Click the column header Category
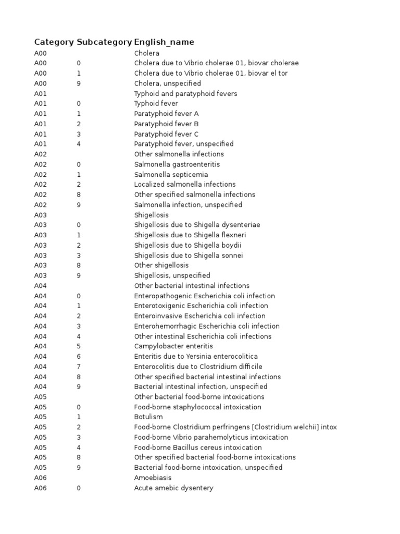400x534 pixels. tap(54, 42)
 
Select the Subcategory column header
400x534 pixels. tap(104, 42)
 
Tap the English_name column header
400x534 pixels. tap(164, 42)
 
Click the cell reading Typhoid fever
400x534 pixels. tap(156, 103)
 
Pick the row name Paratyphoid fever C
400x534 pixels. tap(166, 134)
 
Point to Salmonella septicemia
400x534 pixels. tap(171, 174)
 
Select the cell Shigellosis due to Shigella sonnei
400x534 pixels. tap(189, 256)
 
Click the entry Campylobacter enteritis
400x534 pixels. tap(173, 346)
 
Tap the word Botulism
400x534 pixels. tap(148, 417)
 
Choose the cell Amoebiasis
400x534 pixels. tap(153, 478)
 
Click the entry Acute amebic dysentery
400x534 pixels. tap(173, 488)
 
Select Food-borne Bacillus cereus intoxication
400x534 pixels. tap(198, 447)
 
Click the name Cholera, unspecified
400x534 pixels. tap(167, 83)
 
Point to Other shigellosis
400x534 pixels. tap(161, 265)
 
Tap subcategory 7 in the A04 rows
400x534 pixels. tap(79, 367)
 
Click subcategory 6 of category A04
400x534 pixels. tap(79, 356)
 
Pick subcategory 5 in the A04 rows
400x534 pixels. tap(79, 346)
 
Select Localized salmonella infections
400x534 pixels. tap(185, 184)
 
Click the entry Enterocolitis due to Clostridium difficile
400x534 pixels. tap(198, 367)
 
